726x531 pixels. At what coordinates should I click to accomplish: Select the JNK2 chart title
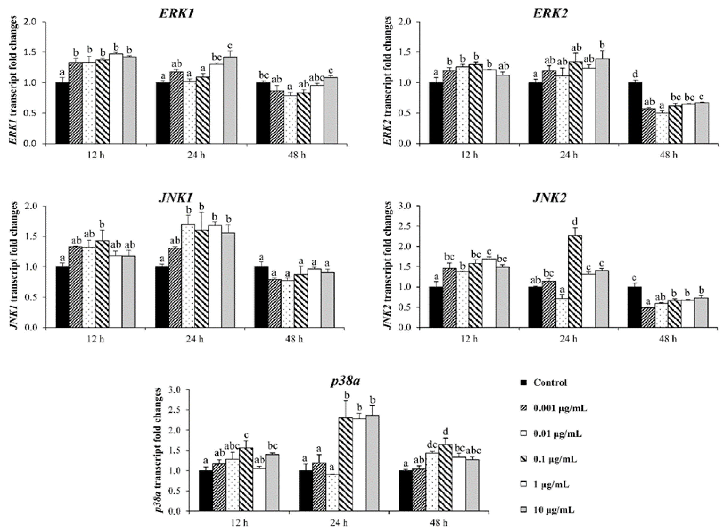point(549,198)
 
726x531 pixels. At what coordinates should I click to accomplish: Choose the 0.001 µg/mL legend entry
point(560,409)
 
